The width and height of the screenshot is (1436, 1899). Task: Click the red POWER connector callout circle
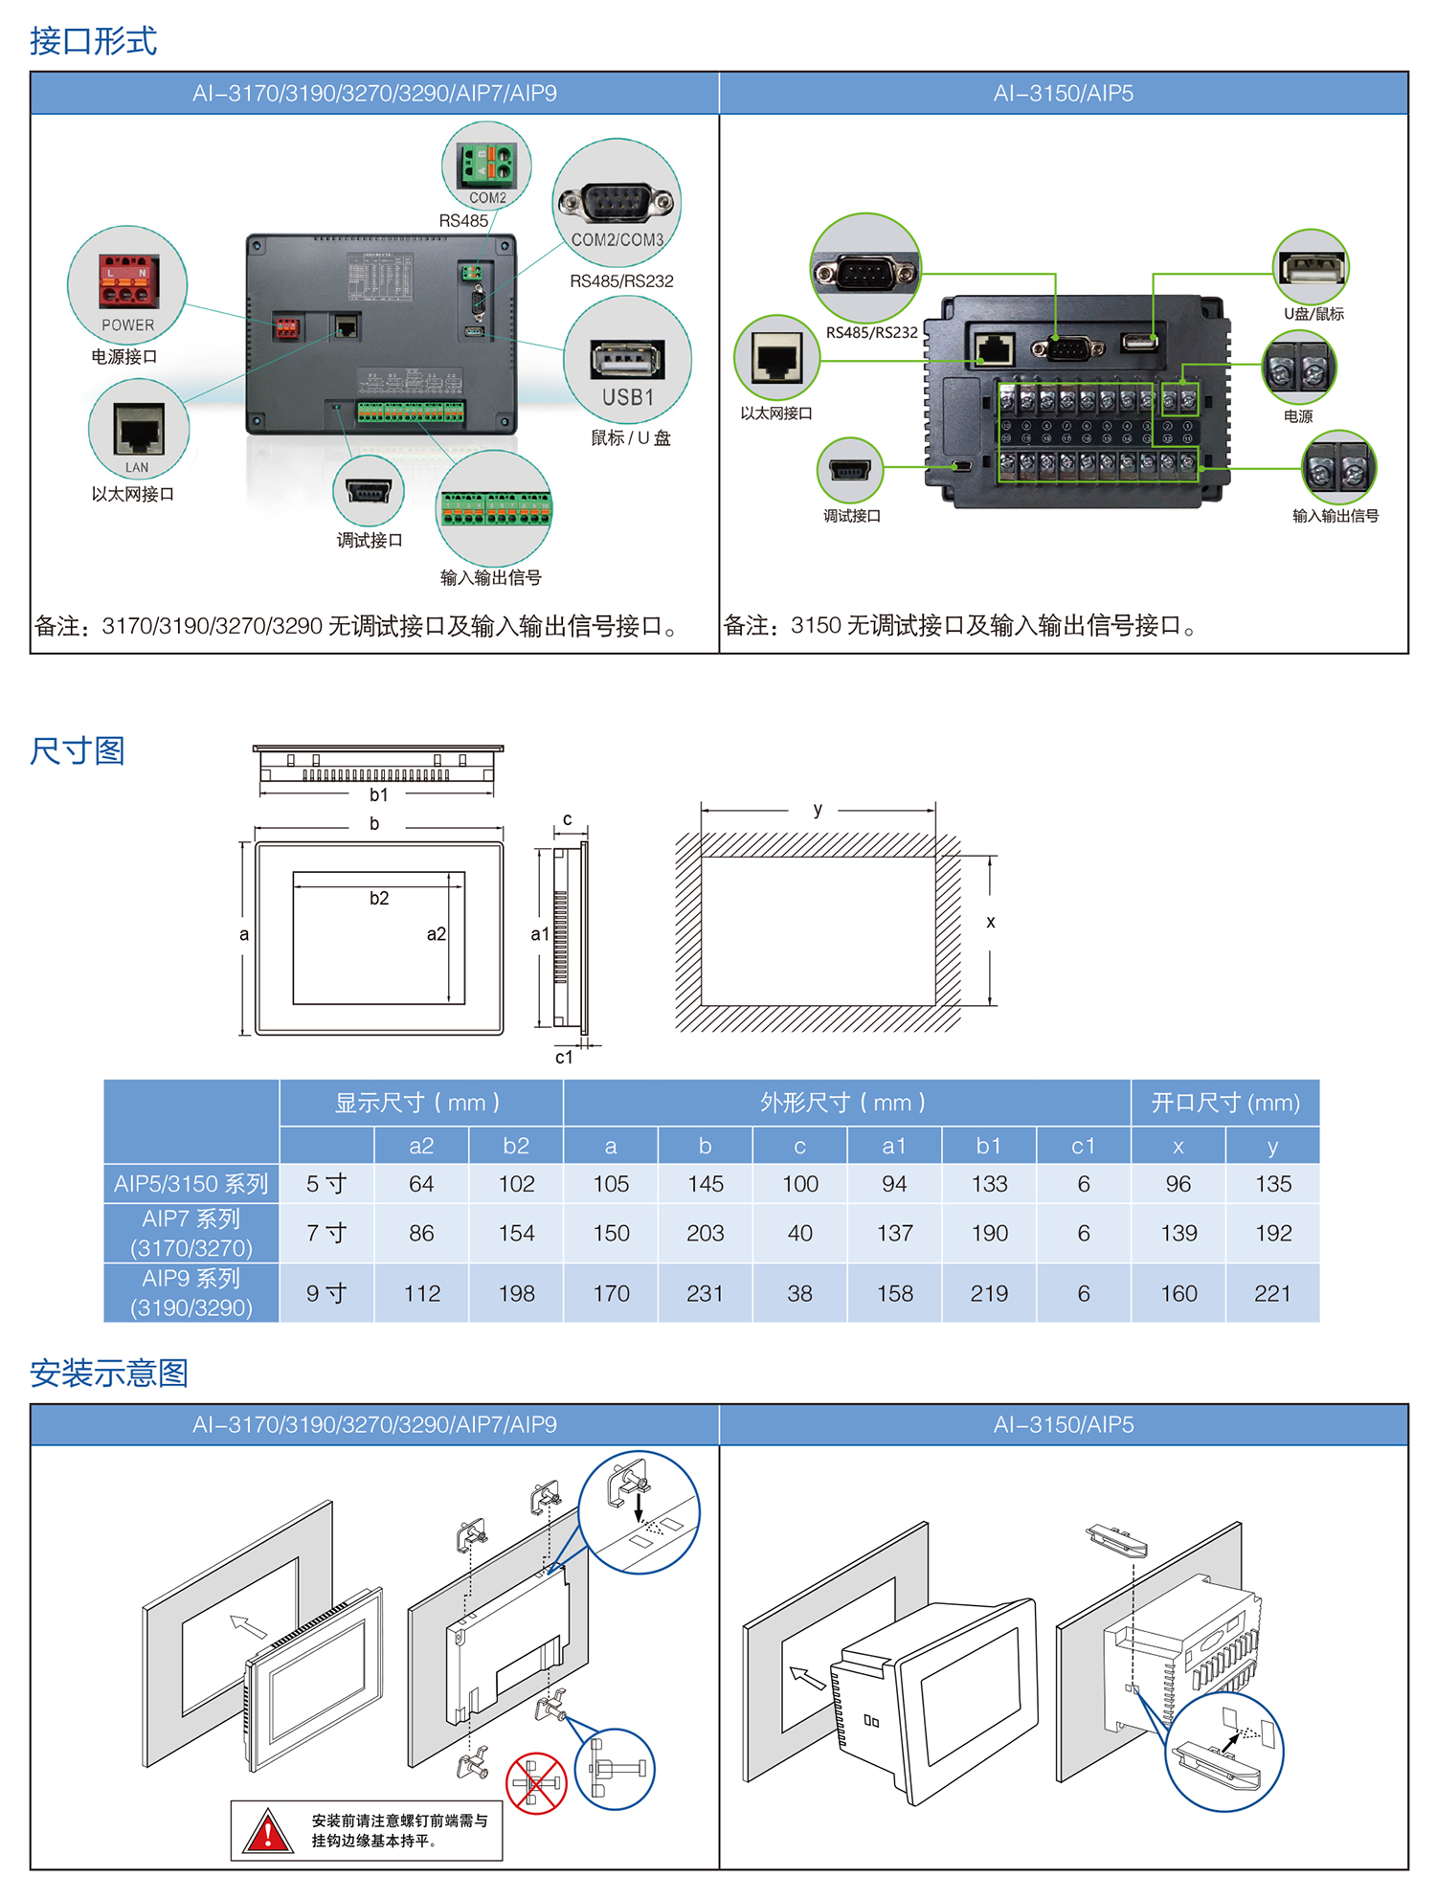pos(127,284)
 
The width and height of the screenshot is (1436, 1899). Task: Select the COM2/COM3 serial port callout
pos(617,203)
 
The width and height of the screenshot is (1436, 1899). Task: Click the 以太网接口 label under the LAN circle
pos(133,494)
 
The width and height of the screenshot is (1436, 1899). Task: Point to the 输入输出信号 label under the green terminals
pos(491,577)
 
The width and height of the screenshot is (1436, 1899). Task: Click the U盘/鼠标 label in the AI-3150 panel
pos(1313,313)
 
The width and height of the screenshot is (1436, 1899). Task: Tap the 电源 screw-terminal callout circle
pos(1299,368)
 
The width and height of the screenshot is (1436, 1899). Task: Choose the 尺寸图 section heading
pos(78,750)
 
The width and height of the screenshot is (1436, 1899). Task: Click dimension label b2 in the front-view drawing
pos(379,898)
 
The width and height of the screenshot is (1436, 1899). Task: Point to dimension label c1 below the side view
pos(564,1057)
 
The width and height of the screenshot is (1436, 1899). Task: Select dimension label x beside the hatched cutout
pos(991,922)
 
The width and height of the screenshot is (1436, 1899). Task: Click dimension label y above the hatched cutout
pos(818,809)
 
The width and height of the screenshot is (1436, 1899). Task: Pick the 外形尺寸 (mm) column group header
pos(842,1103)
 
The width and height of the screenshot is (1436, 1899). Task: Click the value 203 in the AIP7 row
pos(705,1233)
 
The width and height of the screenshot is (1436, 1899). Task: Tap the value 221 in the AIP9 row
pos(1272,1293)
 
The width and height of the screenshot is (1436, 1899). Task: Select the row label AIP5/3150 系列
pos(191,1184)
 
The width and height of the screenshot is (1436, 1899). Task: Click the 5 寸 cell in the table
pos(326,1184)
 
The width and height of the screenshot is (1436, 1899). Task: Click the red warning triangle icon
pos(267,1830)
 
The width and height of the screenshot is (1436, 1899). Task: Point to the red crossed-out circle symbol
pos(536,1783)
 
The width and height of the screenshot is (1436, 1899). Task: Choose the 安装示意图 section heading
pos(109,1373)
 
